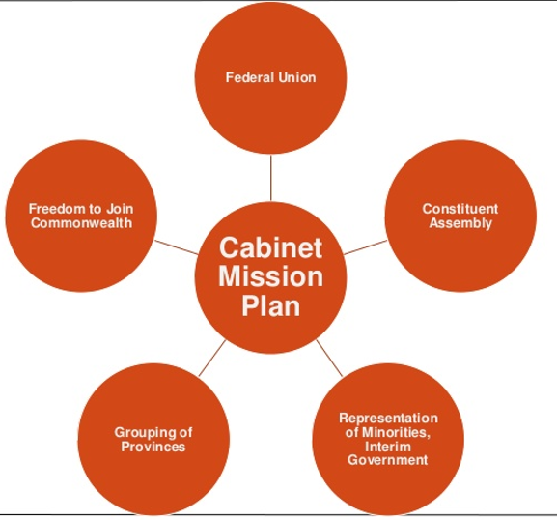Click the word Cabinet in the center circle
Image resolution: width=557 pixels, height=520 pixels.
click(x=270, y=247)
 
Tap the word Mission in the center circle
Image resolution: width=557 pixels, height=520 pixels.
click(x=270, y=276)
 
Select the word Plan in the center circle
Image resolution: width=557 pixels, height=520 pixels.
click(x=270, y=305)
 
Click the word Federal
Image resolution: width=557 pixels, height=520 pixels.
click(x=249, y=77)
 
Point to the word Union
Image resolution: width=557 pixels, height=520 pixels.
click(x=297, y=77)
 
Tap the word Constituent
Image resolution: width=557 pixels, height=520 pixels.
click(x=460, y=209)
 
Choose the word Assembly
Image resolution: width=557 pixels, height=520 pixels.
click(x=460, y=223)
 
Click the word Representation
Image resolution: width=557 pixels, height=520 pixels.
click(x=388, y=419)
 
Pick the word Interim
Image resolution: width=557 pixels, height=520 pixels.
click(x=388, y=447)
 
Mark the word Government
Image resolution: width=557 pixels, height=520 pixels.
click(x=387, y=460)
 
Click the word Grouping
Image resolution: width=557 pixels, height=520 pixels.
click(x=146, y=433)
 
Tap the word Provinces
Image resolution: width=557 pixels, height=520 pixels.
click(x=153, y=447)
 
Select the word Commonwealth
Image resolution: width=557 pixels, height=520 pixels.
click(x=81, y=223)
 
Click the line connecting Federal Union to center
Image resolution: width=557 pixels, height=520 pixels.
click(x=270, y=178)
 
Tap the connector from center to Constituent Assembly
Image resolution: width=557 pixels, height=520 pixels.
click(x=366, y=247)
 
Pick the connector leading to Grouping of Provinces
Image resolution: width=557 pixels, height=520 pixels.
click(x=212, y=358)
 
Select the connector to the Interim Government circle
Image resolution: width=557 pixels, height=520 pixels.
click(x=329, y=358)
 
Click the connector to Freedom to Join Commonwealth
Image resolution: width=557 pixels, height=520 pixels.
click(x=177, y=247)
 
